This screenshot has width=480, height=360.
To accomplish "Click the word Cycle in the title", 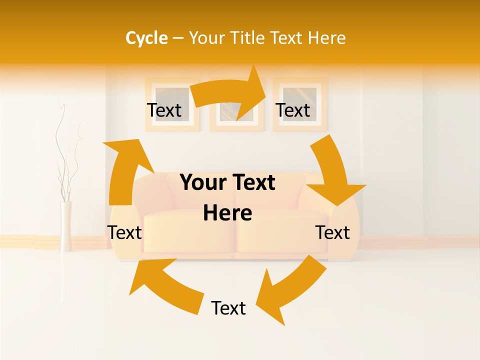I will tap(146, 38).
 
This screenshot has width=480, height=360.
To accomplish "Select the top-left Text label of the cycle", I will tap(164, 110).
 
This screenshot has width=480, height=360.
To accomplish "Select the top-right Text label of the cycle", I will tap(293, 110).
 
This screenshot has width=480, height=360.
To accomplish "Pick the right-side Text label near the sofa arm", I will tap(332, 232).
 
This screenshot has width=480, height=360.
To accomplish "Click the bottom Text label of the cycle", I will tap(228, 308).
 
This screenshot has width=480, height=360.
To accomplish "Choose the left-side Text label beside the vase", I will tap(125, 232).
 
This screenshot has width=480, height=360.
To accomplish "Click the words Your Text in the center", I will tap(227, 182).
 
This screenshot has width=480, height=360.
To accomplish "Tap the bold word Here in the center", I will tap(227, 213).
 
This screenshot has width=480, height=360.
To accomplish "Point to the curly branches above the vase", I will tap(67, 155).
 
